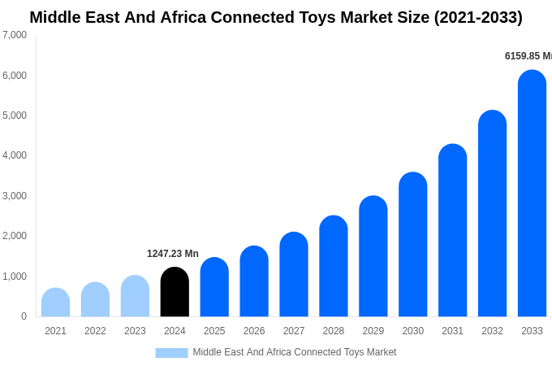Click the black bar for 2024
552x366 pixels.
pos(175,292)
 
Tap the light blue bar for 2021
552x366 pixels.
pos(55,303)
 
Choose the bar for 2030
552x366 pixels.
pos(412,244)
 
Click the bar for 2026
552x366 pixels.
pos(254,281)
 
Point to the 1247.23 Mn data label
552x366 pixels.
pos(172,254)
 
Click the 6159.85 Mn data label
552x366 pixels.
pos(528,56)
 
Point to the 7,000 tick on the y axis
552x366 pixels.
pos(15,35)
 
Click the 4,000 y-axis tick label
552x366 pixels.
pos(15,155)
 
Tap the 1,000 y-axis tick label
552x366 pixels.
pos(15,277)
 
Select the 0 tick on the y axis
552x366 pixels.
pos(24,316)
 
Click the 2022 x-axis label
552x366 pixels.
pos(95,331)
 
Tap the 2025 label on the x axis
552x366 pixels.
pos(214,331)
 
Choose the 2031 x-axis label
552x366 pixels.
pos(452,331)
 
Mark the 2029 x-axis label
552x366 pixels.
pos(373,331)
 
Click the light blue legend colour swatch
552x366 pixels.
pos(171,353)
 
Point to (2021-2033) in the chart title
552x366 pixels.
pos(478,17)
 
